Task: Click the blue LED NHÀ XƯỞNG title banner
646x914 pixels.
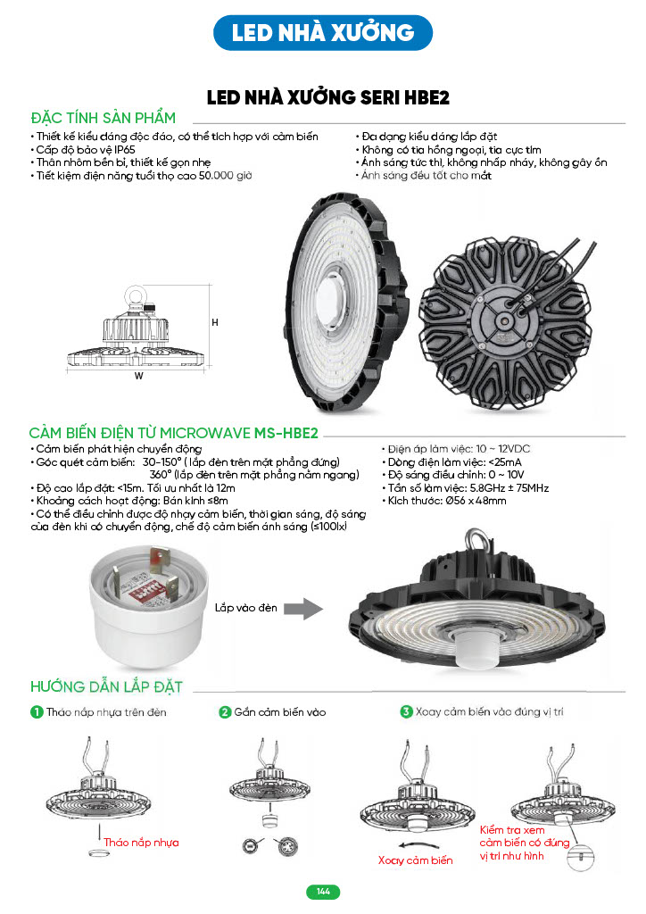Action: click(323, 33)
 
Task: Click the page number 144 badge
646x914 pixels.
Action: click(323, 892)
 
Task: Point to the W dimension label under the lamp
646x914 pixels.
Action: click(138, 376)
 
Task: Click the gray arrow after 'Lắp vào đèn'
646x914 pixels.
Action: click(305, 609)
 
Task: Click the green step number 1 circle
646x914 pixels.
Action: click(37, 712)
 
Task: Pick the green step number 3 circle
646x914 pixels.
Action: click(406, 712)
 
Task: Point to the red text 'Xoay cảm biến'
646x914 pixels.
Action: click(415, 860)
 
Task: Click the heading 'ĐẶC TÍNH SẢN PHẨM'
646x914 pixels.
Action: click(103, 118)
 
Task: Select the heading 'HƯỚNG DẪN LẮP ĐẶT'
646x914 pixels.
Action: click(106, 686)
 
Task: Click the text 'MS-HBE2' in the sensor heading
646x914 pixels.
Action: click(286, 433)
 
